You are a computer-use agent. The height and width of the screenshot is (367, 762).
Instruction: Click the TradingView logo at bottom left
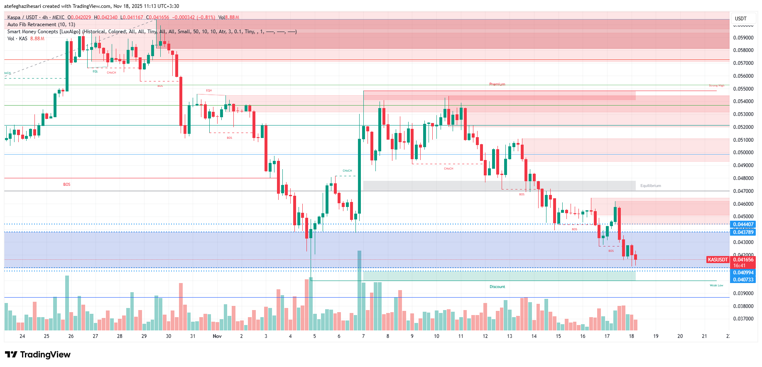click(x=38, y=355)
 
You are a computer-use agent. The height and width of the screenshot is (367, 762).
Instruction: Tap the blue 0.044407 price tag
click(x=743, y=224)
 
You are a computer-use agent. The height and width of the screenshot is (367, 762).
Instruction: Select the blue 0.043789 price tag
click(x=743, y=232)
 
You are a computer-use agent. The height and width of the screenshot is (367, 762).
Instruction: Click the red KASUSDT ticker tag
click(x=718, y=260)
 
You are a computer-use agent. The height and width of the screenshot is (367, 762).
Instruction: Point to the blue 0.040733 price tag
click(x=743, y=280)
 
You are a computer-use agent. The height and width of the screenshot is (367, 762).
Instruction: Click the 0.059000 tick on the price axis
click(x=743, y=38)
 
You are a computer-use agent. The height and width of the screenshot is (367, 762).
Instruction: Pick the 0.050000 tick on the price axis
click(x=743, y=153)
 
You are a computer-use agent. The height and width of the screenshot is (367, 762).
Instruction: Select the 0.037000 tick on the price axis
click(x=743, y=319)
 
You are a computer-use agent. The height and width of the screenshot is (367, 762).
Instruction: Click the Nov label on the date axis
click(x=217, y=336)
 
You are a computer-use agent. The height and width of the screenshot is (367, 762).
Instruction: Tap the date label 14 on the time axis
click(x=534, y=336)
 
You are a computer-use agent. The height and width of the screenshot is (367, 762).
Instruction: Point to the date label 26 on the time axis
click(x=71, y=336)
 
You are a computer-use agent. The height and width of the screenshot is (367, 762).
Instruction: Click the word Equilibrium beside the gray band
click(x=650, y=186)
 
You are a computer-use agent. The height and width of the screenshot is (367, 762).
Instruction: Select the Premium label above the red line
click(x=497, y=84)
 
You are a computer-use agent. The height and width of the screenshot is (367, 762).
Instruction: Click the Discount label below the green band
click(x=497, y=287)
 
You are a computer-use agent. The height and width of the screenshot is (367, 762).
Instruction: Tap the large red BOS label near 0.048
click(x=67, y=185)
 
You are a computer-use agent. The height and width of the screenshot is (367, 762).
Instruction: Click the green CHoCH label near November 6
click(x=347, y=171)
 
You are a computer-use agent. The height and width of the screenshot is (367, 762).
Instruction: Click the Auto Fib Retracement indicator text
click(x=41, y=25)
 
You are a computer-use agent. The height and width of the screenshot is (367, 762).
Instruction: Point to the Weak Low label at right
click(x=716, y=286)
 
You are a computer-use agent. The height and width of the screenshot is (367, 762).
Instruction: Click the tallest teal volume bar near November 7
click(x=359, y=291)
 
